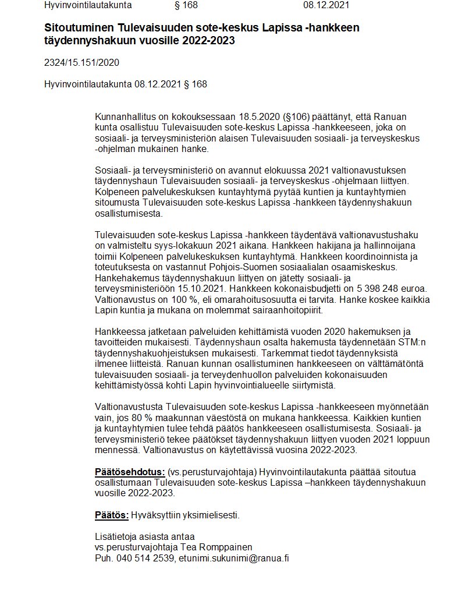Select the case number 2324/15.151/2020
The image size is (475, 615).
81,62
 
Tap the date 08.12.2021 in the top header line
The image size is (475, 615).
327,5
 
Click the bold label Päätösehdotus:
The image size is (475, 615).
130,472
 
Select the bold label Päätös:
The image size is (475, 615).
111,515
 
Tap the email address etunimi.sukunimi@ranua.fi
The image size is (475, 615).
234,558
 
